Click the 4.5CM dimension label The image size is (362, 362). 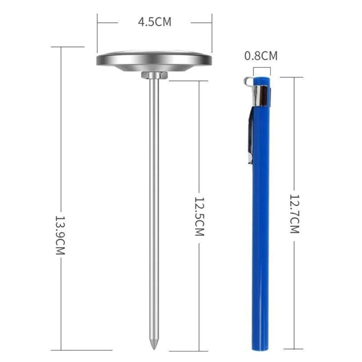(155, 22)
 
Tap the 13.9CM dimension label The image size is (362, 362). (60, 235)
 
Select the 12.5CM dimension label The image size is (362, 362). (200, 216)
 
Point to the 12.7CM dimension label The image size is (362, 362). (295, 214)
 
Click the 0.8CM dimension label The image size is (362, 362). (261, 56)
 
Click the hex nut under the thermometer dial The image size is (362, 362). (154, 75)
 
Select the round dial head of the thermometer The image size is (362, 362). (154, 60)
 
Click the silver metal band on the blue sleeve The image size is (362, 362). (262, 96)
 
